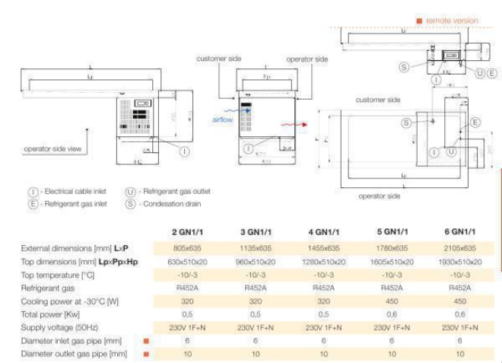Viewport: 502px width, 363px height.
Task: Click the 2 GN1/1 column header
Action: pyautogui.click(x=186, y=231)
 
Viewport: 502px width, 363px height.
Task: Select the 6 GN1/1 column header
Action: pyautogui.click(x=459, y=231)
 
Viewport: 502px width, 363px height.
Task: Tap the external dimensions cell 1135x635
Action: pyautogui.click(x=255, y=248)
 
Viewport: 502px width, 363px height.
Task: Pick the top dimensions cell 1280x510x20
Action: pyautogui.click(x=323, y=262)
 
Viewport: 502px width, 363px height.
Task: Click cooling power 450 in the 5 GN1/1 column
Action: pyautogui.click(x=391, y=301)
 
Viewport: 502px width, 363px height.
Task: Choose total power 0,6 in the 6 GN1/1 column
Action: pyautogui.click(x=459, y=314)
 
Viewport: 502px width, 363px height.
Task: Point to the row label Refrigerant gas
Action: pyautogui.click(x=47, y=288)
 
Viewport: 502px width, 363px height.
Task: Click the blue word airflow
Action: pyautogui.click(x=222, y=120)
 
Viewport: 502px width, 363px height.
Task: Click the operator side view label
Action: pyautogui.click(x=52, y=149)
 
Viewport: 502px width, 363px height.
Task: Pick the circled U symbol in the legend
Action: pyautogui.click(x=130, y=192)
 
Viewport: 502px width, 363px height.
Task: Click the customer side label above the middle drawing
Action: pyautogui.click(x=218, y=59)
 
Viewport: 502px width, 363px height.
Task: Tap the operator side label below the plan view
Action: pyautogui.click(x=379, y=196)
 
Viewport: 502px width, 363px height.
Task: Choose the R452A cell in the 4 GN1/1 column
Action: pyautogui.click(x=323, y=288)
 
